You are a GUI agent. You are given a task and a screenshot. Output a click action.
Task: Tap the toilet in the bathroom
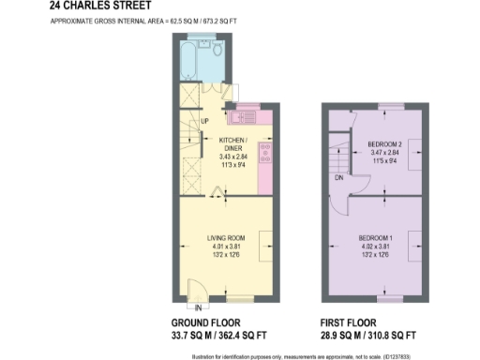click(216, 48)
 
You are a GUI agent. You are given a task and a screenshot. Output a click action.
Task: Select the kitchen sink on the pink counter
click(244, 116)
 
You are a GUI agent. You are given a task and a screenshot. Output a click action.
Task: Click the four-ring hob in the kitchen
click(264, 152)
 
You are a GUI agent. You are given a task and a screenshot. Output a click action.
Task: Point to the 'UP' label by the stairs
click(204, 122)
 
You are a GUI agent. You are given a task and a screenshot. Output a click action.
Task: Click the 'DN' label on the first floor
click(338, 176)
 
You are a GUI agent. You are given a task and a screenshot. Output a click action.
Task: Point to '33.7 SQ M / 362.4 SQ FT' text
click(211, 335)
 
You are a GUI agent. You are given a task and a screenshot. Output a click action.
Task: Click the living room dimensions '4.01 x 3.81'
click(226, 247)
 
